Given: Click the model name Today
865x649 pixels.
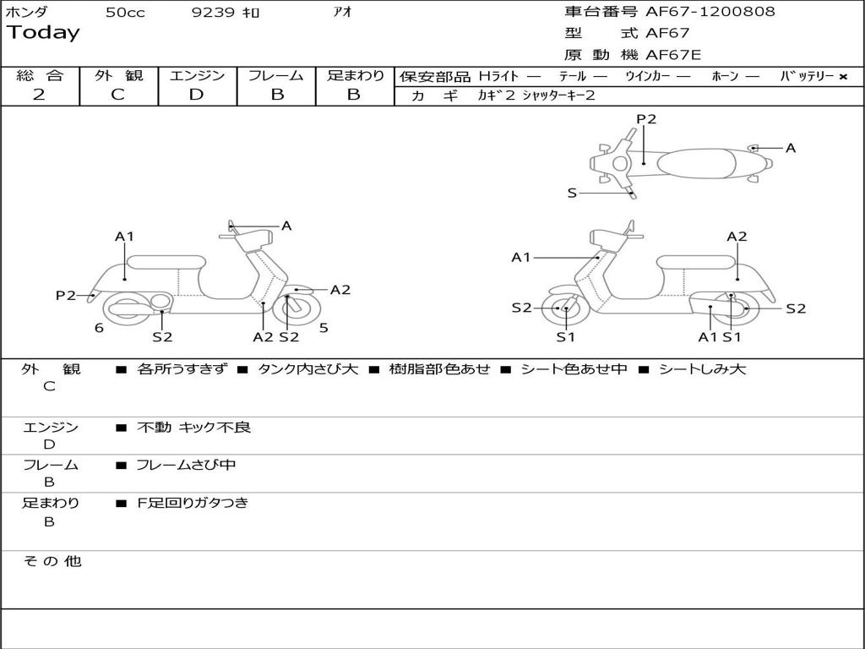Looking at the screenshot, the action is point(43,33).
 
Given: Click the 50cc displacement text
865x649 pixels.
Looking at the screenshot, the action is point(125,13).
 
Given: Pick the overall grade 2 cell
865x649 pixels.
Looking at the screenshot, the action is point(39,95).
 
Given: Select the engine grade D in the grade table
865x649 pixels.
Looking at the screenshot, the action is point(196,95).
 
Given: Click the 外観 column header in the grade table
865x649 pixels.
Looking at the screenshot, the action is point(118,75).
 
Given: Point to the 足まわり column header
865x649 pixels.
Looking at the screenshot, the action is point(355,75).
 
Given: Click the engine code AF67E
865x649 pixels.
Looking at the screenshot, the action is point(673,55).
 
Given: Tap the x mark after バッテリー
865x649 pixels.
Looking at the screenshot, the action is point(843,76).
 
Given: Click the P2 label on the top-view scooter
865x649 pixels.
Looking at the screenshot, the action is point(646,119).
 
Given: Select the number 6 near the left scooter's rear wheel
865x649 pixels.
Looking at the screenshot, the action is point(99,328).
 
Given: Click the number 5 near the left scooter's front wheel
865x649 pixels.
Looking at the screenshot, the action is point(324,328).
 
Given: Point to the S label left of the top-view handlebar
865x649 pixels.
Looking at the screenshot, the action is point(572,193).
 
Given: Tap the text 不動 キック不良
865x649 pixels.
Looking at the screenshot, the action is point(194,428).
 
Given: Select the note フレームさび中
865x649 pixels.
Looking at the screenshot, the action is point(186,465).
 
